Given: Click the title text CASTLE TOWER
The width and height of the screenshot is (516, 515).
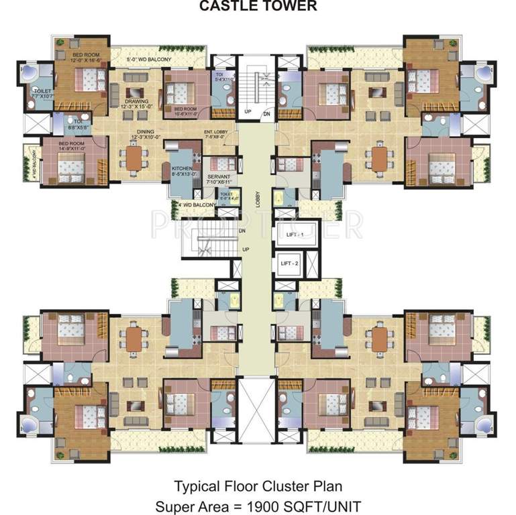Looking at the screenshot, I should (258, 7).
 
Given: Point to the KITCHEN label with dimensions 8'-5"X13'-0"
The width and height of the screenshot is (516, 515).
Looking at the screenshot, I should (182, 172).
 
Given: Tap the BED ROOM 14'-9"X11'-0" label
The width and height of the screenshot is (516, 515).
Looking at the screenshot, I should (72, 147).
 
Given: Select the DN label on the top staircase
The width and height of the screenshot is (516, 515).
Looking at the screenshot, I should (266, 113).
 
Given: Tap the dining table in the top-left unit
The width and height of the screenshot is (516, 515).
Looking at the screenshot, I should (136, 158).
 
